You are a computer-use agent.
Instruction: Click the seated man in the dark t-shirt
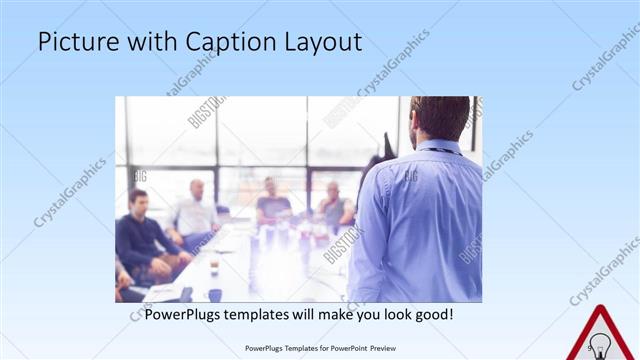click(x=272, y=204)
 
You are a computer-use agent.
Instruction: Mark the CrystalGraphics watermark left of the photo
click(x=70, y=190)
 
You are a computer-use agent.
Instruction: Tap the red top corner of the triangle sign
click(x=601, y=306)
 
